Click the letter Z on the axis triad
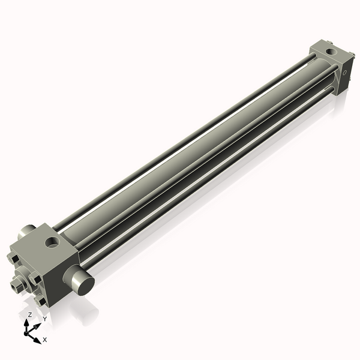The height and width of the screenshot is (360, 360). click(x=29, y=314)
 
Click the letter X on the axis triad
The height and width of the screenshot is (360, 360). click(x=45, y=340)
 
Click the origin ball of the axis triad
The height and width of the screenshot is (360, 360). click(x=28, y=332)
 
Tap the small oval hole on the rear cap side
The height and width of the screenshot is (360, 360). click(x=347, y=71)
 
